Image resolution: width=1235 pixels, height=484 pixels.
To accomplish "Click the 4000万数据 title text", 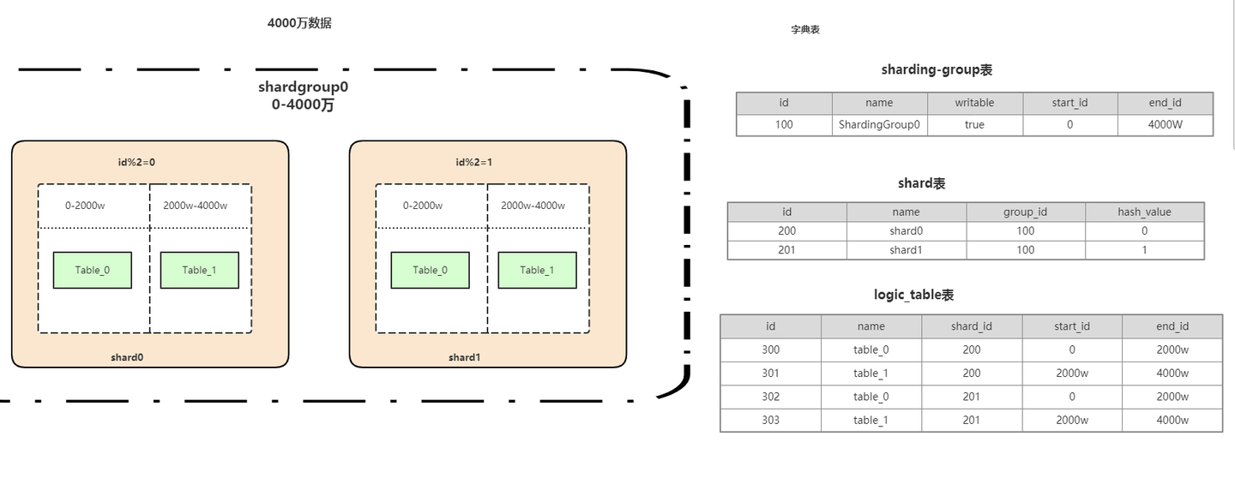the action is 299,23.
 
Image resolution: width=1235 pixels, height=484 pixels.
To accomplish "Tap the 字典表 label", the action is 805,30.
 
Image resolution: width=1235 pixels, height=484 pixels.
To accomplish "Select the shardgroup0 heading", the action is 304,87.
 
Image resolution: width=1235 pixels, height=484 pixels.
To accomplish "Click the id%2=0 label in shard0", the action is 136,162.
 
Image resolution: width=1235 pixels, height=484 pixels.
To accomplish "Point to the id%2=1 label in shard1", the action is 473,162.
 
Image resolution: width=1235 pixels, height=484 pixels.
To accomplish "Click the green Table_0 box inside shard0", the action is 93,271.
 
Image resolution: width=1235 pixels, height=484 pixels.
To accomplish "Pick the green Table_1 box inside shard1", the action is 538,271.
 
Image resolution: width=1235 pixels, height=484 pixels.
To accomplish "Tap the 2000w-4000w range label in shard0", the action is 196,206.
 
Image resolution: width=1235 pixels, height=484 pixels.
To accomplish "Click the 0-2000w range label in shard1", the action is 422,206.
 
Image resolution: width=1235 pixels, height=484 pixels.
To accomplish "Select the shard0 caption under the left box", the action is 127,357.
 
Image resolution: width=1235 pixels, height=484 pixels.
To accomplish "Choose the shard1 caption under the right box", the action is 464,357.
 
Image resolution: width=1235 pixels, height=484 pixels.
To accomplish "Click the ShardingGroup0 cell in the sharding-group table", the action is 879,125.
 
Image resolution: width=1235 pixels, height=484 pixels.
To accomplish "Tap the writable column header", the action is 974,103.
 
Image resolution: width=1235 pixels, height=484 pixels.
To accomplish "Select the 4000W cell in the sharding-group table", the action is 1165,125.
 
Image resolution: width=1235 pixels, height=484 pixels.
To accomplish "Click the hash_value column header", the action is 1145,212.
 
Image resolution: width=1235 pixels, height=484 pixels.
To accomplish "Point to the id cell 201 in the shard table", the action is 786,250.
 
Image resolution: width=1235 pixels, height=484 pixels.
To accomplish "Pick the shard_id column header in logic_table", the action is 972,326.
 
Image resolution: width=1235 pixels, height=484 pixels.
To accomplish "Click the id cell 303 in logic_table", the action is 771,420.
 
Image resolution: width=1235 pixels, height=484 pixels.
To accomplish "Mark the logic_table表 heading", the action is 913,296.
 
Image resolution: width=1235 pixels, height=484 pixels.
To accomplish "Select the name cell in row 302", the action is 871,397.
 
